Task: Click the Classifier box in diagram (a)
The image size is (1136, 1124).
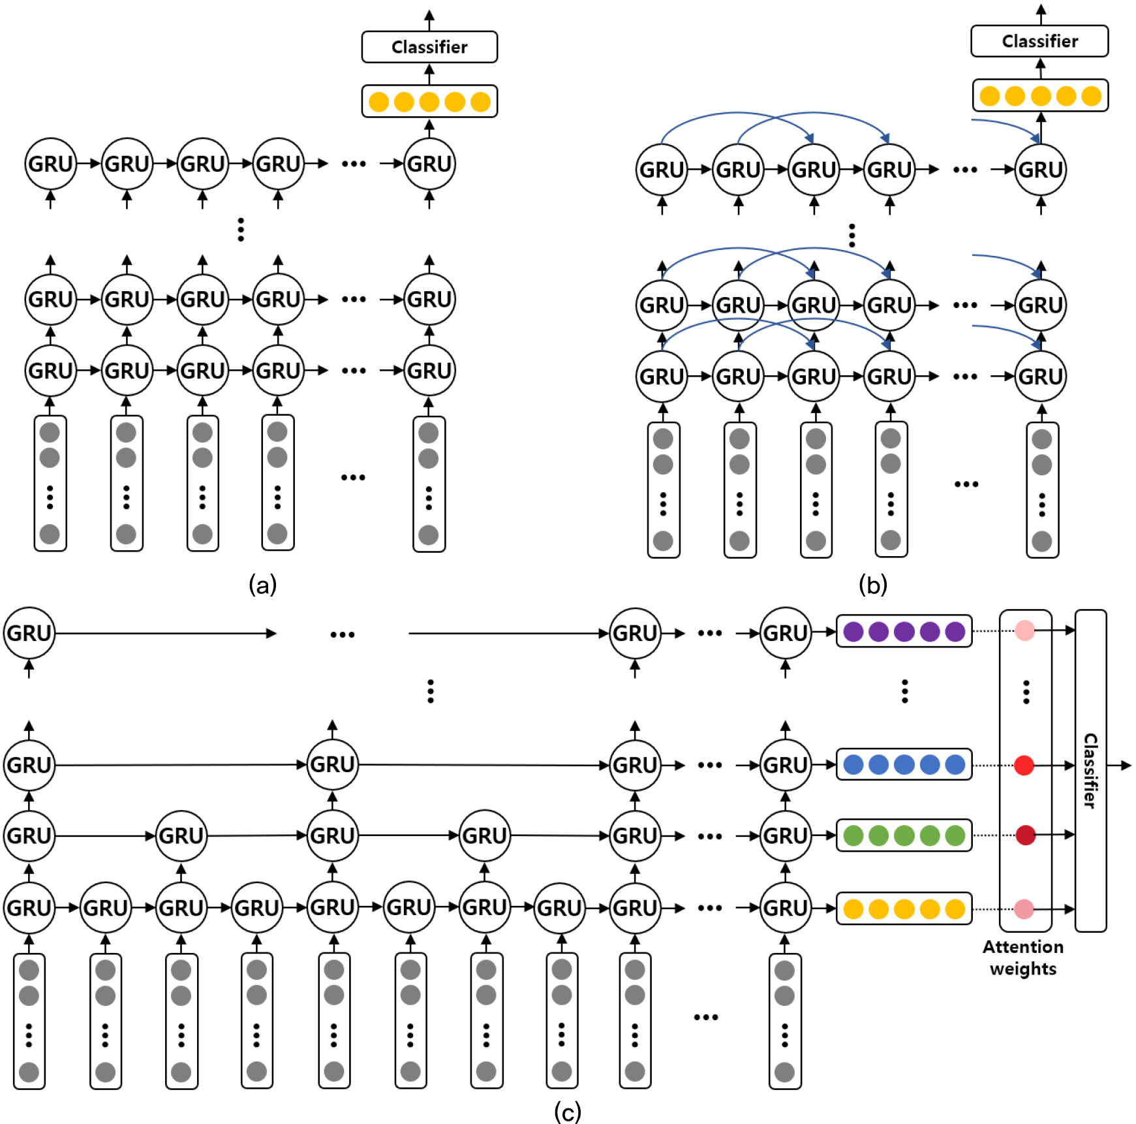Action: [429, 47]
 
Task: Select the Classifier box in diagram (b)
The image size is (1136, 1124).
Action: [1039, 41]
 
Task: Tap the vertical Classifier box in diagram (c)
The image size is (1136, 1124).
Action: [1090, 770]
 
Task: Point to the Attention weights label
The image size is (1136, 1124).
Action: [1023, 958]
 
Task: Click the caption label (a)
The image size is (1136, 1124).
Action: [263, 584]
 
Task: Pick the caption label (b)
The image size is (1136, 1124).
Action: [873, 584]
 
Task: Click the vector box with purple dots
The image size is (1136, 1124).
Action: [904, 632]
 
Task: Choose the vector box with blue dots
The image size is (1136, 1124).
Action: [904, 764]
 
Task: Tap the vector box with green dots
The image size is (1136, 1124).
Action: [904, 835]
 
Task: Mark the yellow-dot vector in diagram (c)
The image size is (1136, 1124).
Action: [904, 909]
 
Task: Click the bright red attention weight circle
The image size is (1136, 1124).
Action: [1024, 765]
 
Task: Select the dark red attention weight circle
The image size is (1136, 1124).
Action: [1026, 835]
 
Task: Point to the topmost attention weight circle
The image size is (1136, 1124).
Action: [1025, 631]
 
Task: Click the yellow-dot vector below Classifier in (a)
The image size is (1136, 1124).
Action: [429, 102]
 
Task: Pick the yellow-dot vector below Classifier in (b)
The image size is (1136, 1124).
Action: [1040, 96]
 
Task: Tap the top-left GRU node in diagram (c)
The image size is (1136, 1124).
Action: [29, 632]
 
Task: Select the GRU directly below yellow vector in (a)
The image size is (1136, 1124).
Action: [429, 163]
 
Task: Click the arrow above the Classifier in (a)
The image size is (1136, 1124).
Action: [429, 20]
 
